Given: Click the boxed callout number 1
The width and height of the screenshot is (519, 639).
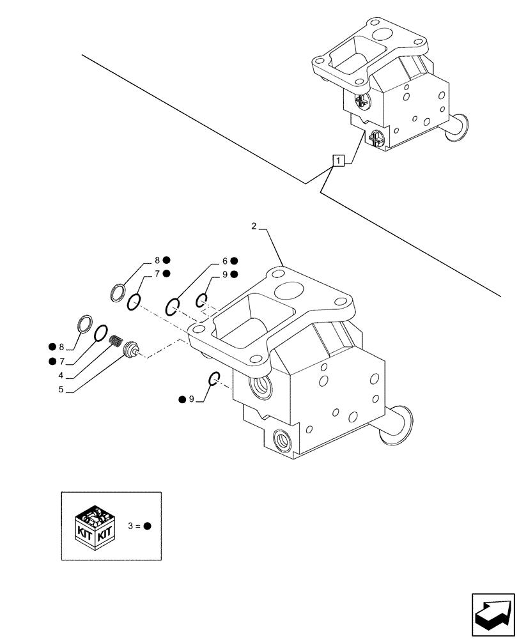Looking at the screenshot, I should (x=338, y=160).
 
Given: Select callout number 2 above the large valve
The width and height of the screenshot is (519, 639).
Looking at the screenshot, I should (x=254, y=226).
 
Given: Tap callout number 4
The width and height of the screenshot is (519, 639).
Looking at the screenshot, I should (x=60, y=376).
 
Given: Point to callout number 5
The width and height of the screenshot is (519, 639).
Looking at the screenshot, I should (x=60, y=389).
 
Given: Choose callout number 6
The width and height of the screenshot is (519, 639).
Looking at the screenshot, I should (x=225, y=261).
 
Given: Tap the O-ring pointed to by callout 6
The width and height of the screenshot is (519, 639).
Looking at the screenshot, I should (x=173, y=307).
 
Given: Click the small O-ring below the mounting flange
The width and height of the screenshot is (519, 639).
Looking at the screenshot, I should (x=215, y=380).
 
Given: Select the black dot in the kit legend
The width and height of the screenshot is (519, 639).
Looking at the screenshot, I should (x=147, y=526).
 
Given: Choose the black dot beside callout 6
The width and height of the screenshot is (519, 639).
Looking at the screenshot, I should (x=235, y=261).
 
